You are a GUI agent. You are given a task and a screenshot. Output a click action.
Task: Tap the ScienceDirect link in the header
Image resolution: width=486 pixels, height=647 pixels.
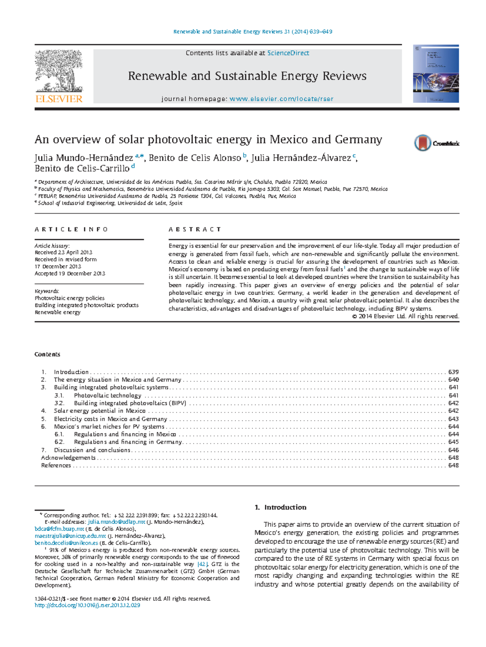point(288,53)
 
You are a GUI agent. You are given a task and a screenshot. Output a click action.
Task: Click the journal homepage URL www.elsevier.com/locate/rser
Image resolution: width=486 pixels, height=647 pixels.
point(281,99)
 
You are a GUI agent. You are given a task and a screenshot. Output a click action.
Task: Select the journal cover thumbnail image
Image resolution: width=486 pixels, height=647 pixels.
point(436,74)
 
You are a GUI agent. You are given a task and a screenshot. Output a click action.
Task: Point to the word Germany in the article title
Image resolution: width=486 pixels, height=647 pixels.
point(358,140)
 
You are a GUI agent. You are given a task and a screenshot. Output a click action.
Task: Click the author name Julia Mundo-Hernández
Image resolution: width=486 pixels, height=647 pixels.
point(84,158)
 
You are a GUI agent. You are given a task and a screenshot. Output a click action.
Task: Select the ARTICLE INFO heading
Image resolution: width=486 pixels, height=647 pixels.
point(71,229)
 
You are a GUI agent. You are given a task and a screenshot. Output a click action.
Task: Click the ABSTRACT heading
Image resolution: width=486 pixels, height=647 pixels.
point(195,229)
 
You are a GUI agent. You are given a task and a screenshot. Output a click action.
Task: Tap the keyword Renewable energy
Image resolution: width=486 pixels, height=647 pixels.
point(58,312)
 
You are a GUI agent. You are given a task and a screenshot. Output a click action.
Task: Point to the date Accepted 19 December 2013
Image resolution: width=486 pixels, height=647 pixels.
point(70,274)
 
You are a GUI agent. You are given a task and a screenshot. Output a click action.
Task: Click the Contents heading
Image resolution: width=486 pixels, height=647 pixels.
point(47,354)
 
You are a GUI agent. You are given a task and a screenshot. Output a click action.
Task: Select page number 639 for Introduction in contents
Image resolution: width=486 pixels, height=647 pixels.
point(453,372)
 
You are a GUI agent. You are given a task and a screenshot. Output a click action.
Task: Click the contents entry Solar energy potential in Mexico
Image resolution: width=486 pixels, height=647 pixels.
point(99,411)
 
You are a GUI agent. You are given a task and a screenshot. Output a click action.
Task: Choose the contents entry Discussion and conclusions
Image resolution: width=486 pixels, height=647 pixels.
point(92,450)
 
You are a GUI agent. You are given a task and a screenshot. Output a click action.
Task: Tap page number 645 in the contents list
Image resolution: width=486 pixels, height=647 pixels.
point(453,442)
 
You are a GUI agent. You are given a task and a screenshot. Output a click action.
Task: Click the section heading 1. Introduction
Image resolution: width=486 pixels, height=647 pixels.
point(280,507)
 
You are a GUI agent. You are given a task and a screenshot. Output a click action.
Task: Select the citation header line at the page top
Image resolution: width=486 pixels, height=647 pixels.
point(253,32)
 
